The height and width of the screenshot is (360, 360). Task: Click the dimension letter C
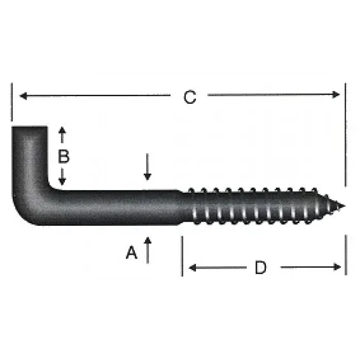click(x=190, y=97)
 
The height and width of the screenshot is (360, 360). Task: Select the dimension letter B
click(x=63, y=156)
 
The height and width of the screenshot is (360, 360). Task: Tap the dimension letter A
click(x=132, y=253)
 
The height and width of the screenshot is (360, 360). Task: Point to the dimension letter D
click(x=261, y=267)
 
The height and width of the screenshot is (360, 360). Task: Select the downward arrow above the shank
click(x=148, y=175)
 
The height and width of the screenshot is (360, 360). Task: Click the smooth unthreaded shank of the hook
click(x=118, y=207)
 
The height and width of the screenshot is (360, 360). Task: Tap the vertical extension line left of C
click(x=11, y=103)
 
